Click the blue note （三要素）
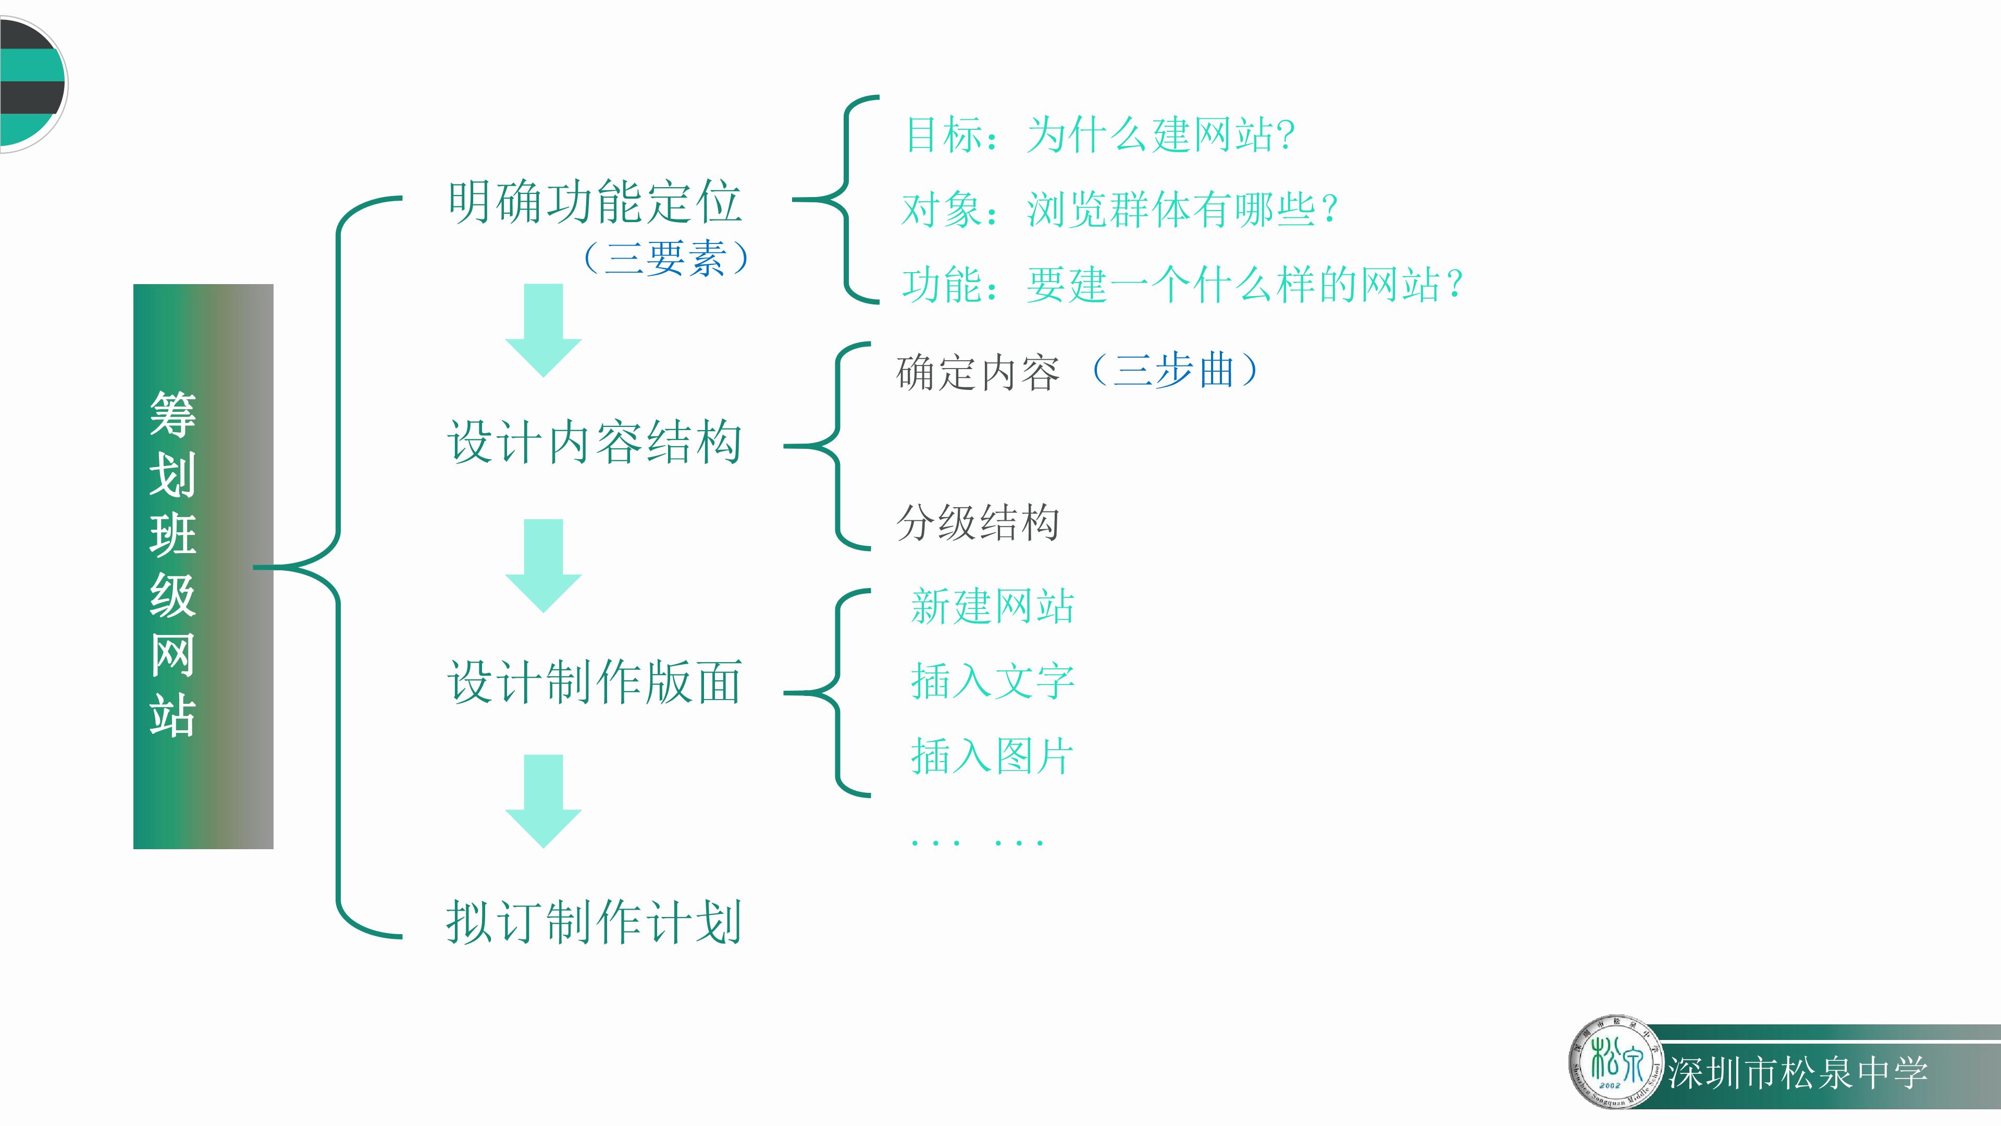click(x=666, y=258)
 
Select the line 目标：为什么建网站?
click(x=1100, y=134)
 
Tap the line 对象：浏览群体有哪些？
click(x=1119, y=209)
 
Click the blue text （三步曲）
click(x=1175, y=370)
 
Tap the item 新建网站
click(x=992, y=606)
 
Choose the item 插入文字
click(x=992, y=681)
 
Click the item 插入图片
click(x=992, y=756)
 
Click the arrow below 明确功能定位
click(x=543, y=331)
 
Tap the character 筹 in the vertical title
click(x=172, y=414)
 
